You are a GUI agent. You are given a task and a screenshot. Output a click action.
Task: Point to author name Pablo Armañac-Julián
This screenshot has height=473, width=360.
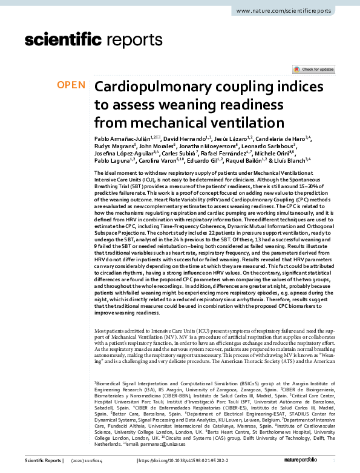(124, 139)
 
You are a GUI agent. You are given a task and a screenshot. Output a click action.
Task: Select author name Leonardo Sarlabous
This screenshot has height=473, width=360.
(270, 147)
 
